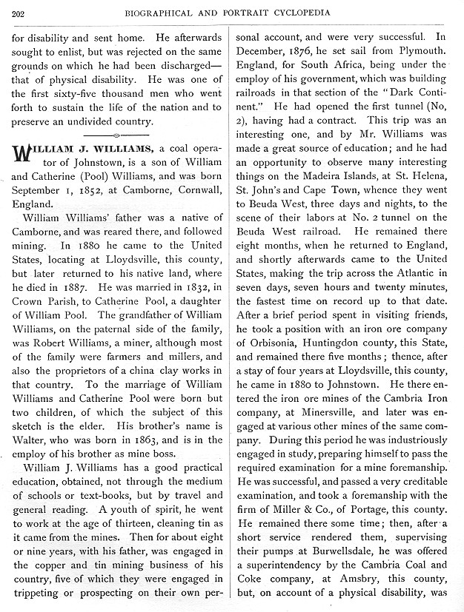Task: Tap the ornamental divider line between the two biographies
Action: (119, 135)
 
